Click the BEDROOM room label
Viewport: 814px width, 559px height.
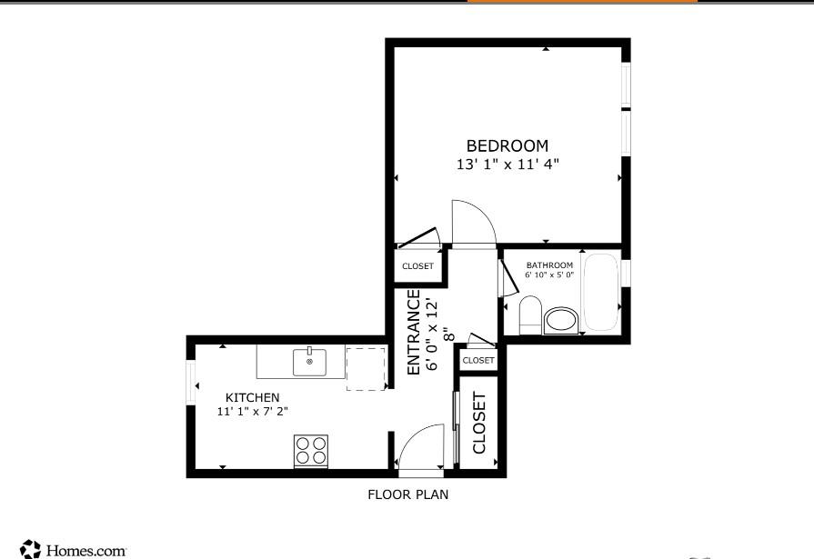(x=507, y=145)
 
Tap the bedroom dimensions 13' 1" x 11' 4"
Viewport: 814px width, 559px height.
(x=507, y=165)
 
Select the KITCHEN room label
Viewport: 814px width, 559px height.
(x=252, y=397)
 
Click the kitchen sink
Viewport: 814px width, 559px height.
(x=309, y=362)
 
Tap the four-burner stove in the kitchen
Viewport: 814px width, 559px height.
(x=310, y=451)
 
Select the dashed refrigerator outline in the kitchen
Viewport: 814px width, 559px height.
(x=366, y=368)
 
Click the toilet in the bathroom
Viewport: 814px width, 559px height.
(x=531, y=316)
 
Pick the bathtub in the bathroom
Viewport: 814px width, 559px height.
(x=600, y=293)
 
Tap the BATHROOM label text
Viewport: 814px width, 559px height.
(x=549, y=265)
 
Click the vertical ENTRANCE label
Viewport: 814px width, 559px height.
(x=414, y=332)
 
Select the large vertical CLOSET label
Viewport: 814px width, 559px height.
(x=479, y=423)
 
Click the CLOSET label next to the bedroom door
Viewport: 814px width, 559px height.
(x=417, y=266)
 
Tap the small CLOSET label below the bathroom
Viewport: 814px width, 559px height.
(x=478, y=361)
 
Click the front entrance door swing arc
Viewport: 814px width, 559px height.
(x=419, y=449)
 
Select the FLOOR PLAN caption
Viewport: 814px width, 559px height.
(x=407, y=495)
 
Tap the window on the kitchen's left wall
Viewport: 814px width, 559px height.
(x=191, y=383)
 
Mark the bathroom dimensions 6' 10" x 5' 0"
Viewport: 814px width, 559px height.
(x=548, y=275)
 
